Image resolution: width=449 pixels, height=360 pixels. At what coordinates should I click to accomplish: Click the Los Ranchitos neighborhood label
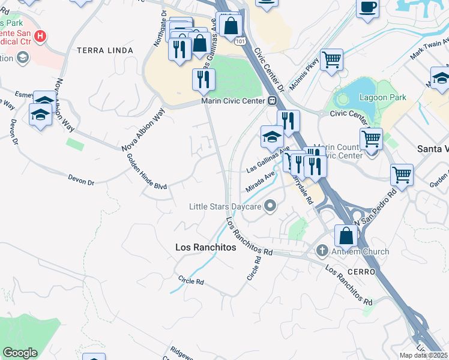[x=205, y=247]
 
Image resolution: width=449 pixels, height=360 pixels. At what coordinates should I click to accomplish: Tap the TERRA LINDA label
[x=105, y=50]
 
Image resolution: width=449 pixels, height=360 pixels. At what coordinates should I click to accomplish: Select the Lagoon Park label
[x=382, y=97]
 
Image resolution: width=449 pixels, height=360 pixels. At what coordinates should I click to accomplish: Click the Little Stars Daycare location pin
[x=270, y=206]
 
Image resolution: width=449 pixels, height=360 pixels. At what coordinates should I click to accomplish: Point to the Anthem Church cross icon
[x=322, y=251]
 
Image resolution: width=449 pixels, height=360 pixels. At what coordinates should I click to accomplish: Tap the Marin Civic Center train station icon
[x=271, y=101]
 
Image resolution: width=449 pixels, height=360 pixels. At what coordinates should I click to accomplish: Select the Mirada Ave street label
[x=260, y=181]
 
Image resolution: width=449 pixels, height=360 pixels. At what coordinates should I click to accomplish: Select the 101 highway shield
[x=240, y=41]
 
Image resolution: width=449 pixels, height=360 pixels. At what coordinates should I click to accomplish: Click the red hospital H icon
[x=40, y=37]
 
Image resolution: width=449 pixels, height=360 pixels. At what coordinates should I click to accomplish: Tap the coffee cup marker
[x=367, y=8]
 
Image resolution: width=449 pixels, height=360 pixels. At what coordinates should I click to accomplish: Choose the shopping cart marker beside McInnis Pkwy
[x=331, y=59]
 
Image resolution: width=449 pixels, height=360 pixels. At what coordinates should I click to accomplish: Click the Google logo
[x=20, y=353]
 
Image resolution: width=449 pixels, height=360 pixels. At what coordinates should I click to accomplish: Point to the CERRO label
[x=361, y=272]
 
